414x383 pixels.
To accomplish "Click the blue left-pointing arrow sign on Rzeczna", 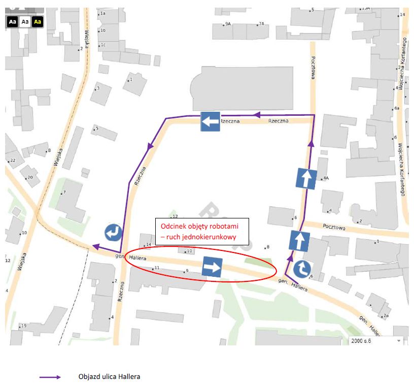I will coord(210,122).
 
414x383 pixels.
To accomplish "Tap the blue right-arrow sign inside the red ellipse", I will coord(212,267).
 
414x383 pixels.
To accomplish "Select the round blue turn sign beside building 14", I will coord(114,233).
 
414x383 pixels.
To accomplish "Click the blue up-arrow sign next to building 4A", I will coord(306,179).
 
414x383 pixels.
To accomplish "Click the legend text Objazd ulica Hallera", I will coord(109,376).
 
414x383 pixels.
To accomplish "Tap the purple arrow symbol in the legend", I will coord(50,377).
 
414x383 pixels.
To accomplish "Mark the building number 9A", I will coord(228,24).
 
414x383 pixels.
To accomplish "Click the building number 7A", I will coord(261,24).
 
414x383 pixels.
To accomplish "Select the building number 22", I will coord(13,161).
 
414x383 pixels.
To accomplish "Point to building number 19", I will coord(23,326).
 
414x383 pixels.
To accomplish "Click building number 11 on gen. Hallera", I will coord(157,268).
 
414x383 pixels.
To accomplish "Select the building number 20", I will coord(29,177).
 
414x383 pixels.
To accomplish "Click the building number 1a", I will coord(102,13).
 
